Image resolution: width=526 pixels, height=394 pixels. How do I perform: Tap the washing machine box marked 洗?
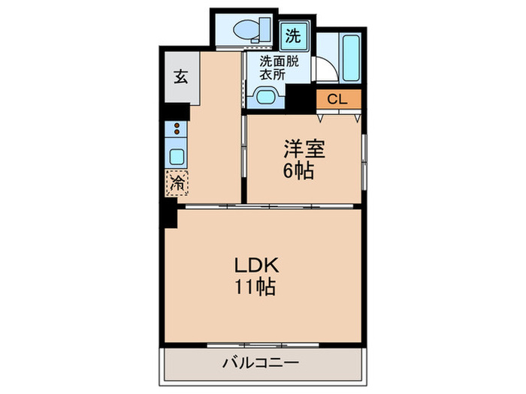[x=294, y=34]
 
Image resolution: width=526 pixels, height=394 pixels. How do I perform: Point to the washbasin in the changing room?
[x=265, y=96]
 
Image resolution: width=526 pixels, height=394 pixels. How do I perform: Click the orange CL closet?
[x=338, y=98]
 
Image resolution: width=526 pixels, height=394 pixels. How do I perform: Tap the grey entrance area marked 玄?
[x=181, y=77]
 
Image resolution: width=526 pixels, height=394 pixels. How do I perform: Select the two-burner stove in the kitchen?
[x=176, y=128]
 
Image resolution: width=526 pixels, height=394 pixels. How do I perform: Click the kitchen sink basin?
[x=177, y=157]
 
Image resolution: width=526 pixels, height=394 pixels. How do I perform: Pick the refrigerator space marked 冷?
[x=177, y=182]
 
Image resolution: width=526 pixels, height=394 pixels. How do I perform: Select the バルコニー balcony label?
[x=261, y=363]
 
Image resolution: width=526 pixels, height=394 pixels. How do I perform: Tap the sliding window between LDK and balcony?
[x=261, y=345]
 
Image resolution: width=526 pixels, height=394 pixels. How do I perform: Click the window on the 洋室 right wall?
[x=363, y=159]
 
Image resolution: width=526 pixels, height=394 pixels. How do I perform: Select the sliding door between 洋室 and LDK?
[x=286, y=205]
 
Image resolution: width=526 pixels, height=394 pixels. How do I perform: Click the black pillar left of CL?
[x=301, y=98]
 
